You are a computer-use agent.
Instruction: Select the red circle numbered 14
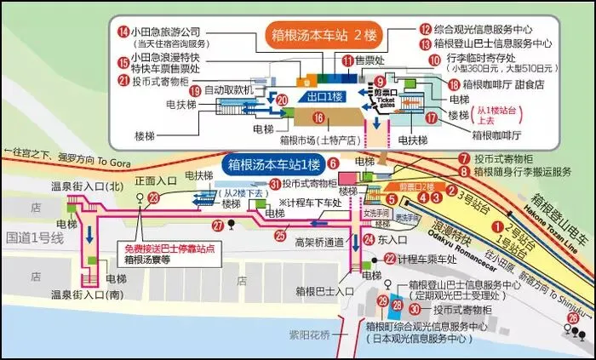point(125,31)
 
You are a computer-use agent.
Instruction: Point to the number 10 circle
point(434,61)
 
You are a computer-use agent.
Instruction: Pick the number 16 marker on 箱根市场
point(318,117)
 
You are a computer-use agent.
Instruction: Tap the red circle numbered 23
point(154,197)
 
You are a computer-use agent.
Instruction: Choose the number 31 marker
point(274,183)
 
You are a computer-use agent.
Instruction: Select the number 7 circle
point(463,158)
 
